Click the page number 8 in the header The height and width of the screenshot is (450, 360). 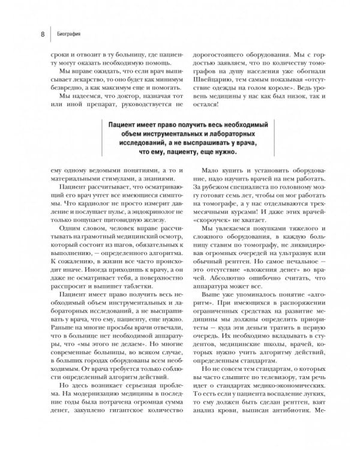tap(43, 34)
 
